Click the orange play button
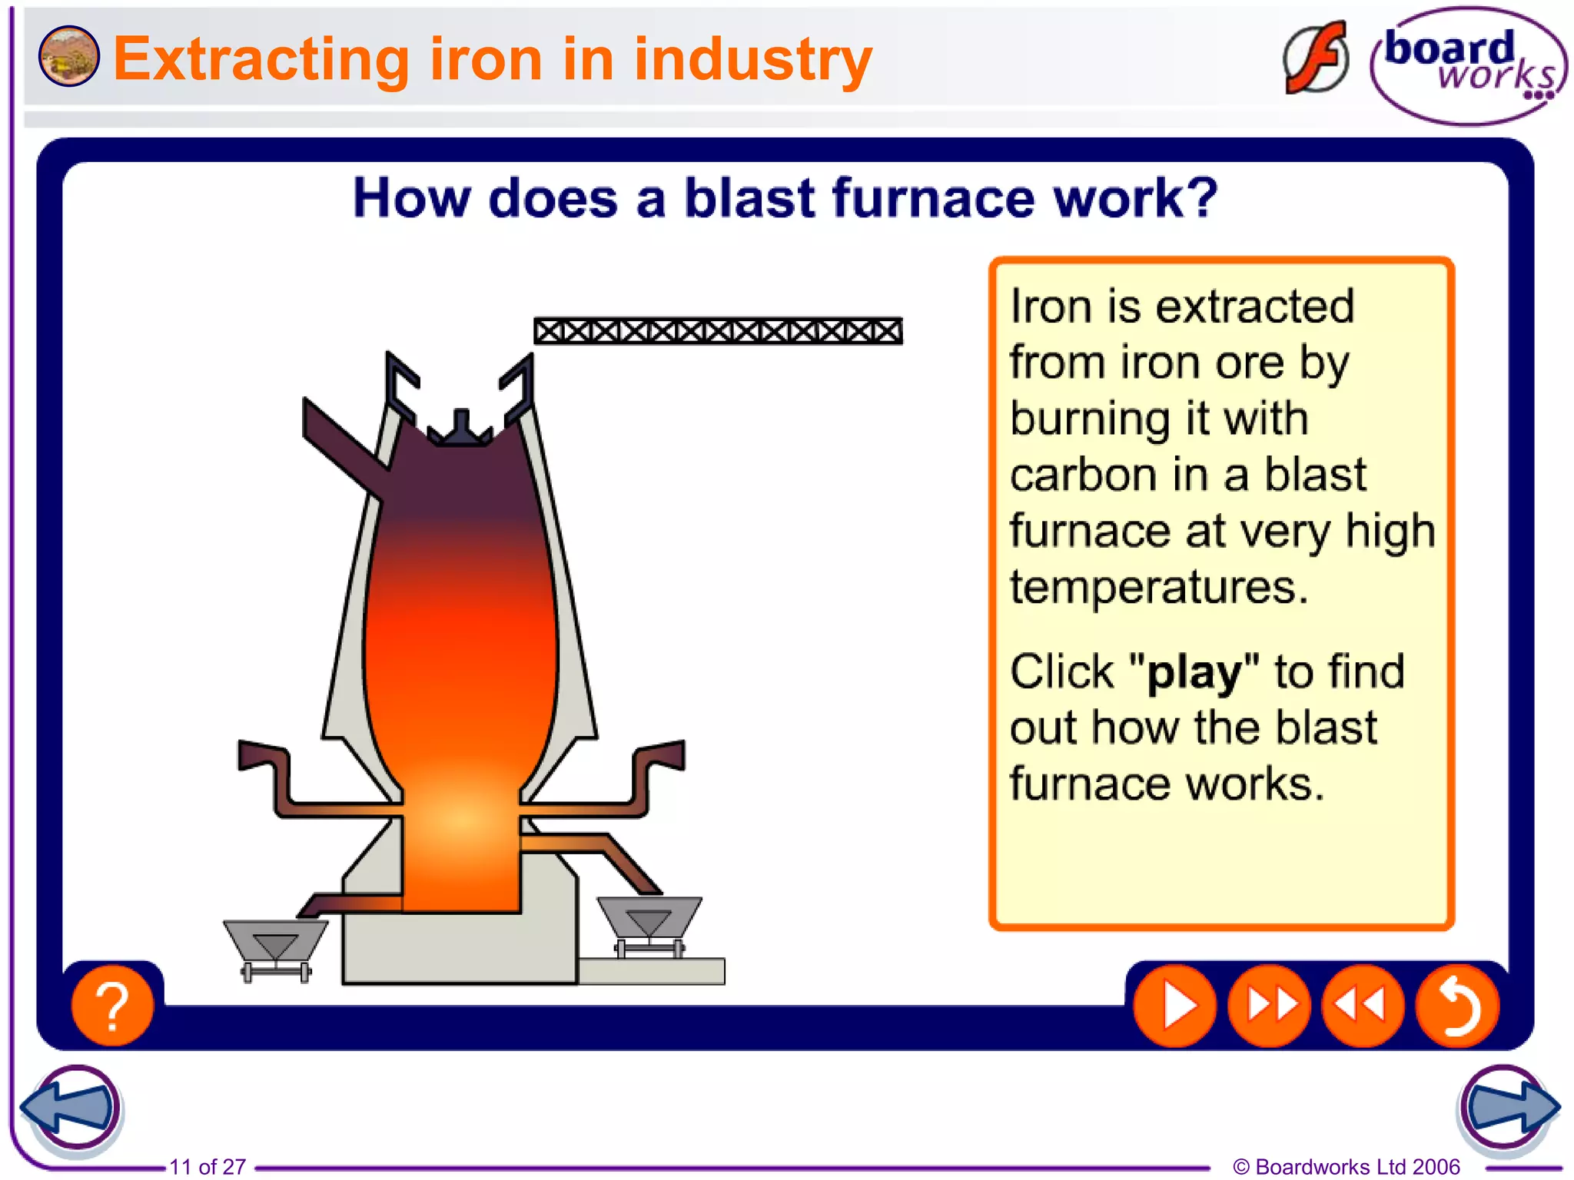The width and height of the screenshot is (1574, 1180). [x=1174, y=1005]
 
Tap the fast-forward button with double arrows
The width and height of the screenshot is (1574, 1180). [x=1269, y=1005]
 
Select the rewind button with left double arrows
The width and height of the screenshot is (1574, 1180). [x=1363, y=1005]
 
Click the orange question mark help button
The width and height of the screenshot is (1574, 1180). [x=112, y=1005]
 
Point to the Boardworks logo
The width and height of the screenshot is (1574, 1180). [x=1468, y=65]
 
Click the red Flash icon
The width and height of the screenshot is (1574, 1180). [x=1316, y=58]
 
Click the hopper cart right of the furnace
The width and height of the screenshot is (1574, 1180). [x=649, y=922]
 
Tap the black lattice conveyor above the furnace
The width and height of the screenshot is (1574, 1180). [x=718, y=331]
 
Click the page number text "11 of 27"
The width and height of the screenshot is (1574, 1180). [x=208, y=1166]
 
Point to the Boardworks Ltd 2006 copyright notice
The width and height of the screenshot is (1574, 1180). [x=1346, y=1166]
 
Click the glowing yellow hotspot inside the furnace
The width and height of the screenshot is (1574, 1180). [x=461, y=818]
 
